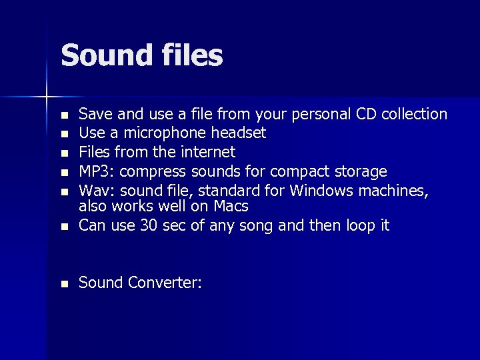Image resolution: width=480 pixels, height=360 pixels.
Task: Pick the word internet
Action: (x=203, y=153)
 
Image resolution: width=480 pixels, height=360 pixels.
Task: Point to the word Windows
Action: (x=322, y=191)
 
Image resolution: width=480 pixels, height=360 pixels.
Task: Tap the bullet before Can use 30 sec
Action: (x=64, y=227)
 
